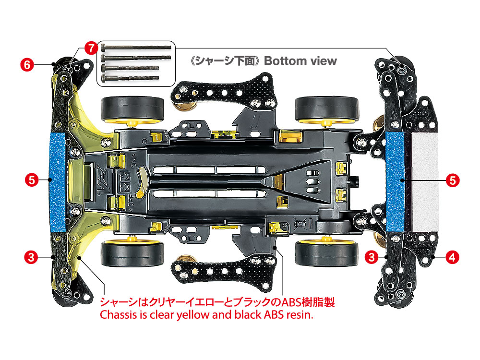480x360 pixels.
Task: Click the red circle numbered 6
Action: (27, 64)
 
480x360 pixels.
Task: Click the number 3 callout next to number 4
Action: (371, 257)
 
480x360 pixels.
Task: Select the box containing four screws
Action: (137, 63)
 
